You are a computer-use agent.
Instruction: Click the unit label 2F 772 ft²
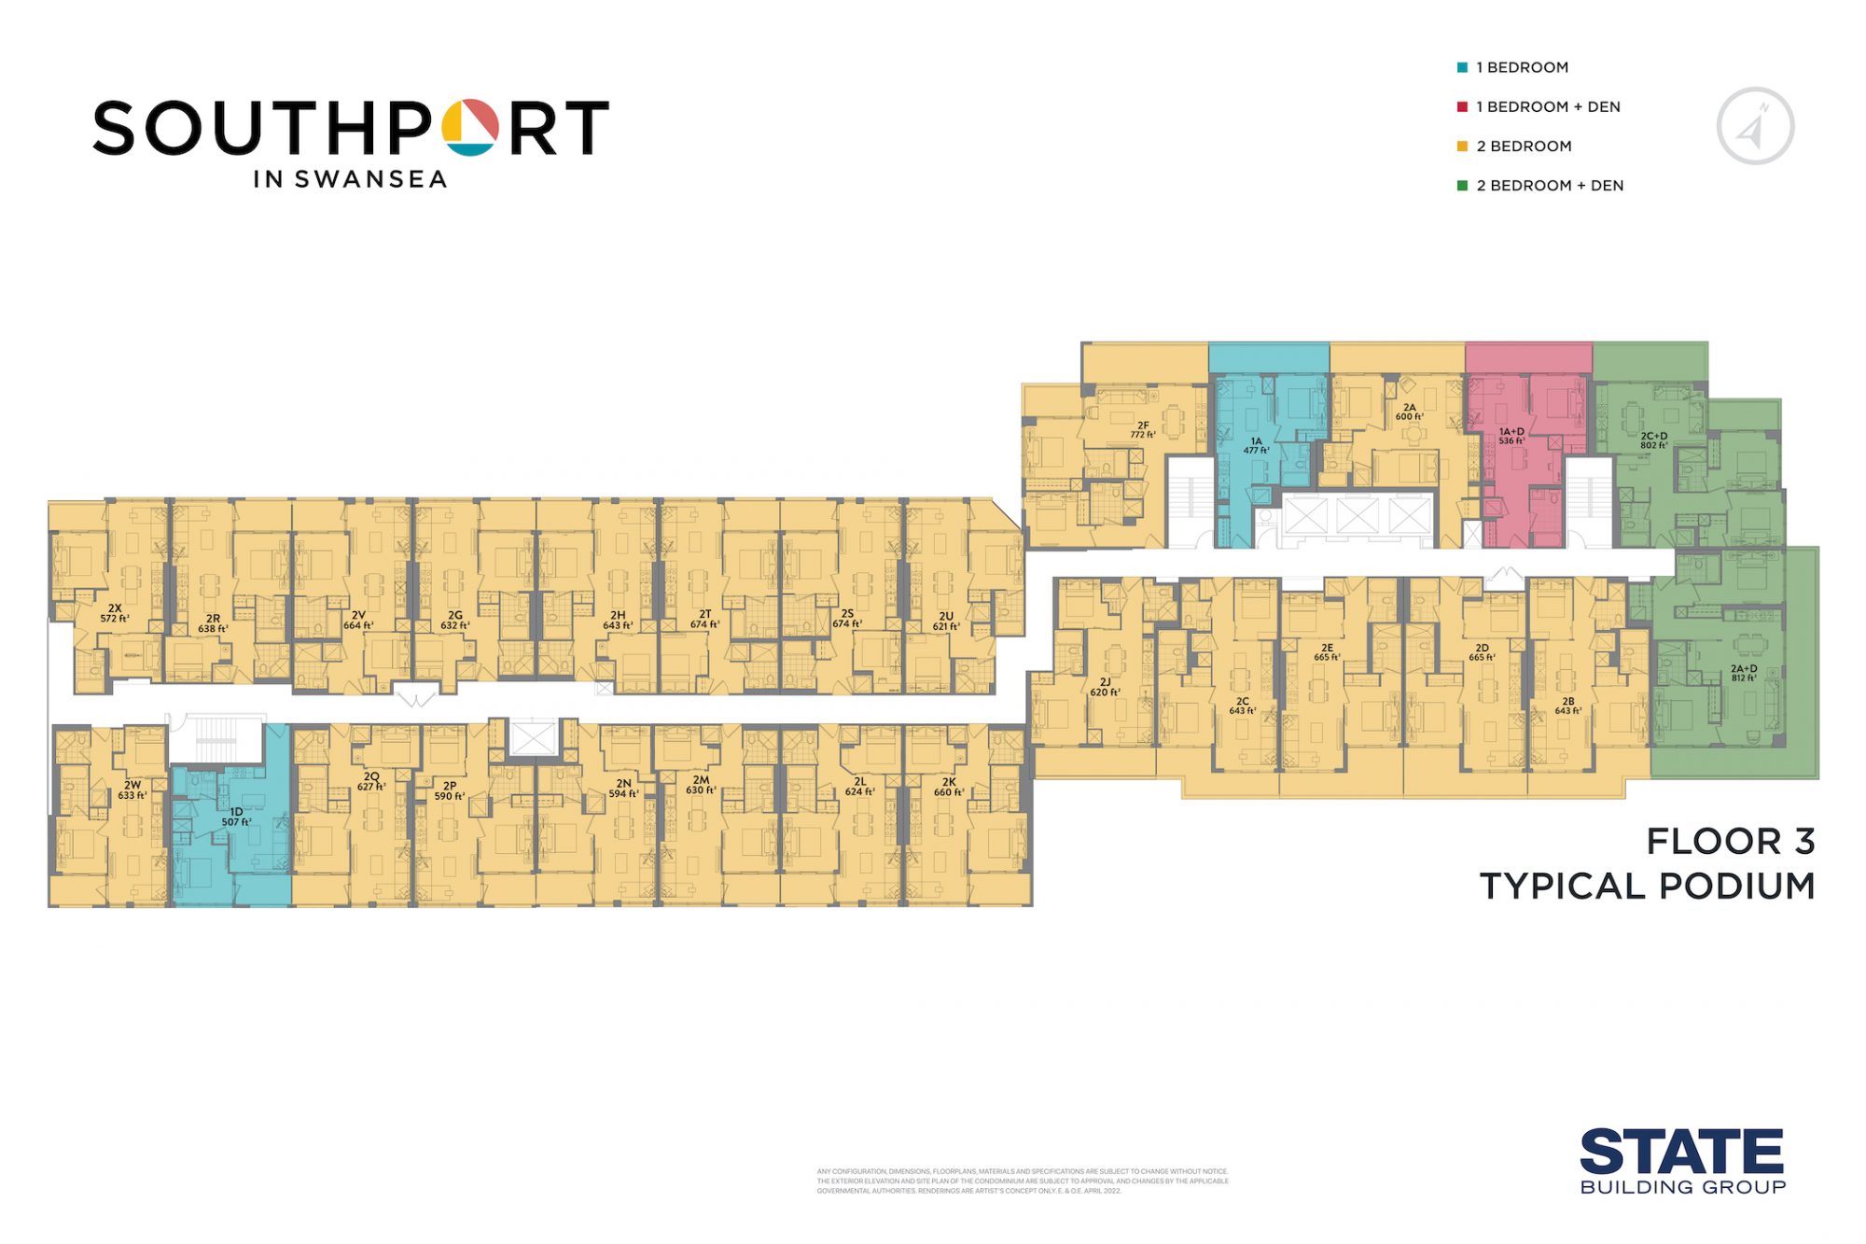tap(1143, 430)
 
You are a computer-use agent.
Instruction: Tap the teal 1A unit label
tap(1256, 445)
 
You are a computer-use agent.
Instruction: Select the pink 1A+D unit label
tap(1511, 436)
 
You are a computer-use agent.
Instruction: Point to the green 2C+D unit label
tap(1654, 440)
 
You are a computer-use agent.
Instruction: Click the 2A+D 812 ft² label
tap(1744, 673)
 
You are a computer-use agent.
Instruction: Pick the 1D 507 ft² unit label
tap(236, 817)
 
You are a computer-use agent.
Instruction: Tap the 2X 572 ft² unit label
tap(115, 613)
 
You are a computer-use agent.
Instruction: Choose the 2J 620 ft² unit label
tap(1105, 687)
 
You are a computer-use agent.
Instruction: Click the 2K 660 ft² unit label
tap(949, 787)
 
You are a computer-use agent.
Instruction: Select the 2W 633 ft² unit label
tap(132, 790)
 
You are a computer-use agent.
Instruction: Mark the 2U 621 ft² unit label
tap(946, 621)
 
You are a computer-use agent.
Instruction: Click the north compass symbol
tap(1755, 126)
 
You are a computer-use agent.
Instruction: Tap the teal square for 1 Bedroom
tap(1462, 67)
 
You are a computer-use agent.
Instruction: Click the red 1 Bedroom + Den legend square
tap(1462, 106)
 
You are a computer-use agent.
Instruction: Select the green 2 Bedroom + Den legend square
tap(1462, 185)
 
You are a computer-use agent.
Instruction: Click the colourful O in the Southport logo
tap(470, 127)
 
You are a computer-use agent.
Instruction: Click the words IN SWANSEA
tap(350, 179)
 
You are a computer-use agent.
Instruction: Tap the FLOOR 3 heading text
tap(1731, 841)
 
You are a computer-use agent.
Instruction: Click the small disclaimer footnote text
tap(1023, 1181)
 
